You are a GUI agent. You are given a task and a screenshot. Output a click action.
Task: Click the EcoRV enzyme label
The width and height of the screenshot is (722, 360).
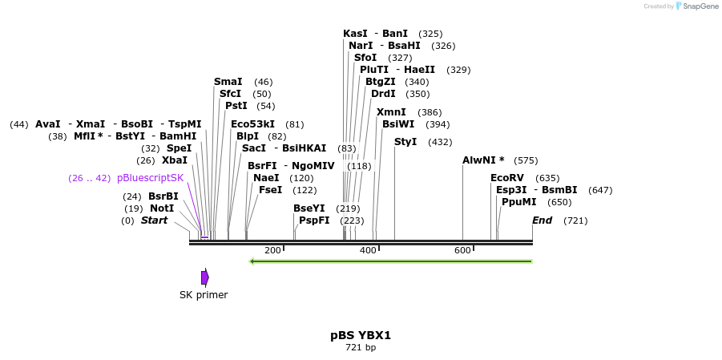click(x=507, y=178)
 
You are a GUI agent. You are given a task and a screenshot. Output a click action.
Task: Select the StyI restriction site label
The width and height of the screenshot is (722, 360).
click(x=405, y=142)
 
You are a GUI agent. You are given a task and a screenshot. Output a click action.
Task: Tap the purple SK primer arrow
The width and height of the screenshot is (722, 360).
click(x=205, y=277)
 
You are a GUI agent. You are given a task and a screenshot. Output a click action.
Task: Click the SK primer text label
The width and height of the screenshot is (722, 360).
click(x=204, y=295)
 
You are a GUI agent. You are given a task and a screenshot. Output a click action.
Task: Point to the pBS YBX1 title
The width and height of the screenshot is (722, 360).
click(x=361, y=335)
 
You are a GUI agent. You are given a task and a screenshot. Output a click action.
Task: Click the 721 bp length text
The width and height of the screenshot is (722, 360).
click(x=361, y=348)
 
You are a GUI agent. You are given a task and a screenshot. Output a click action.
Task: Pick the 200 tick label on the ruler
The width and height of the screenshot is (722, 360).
click(x=272, y=251)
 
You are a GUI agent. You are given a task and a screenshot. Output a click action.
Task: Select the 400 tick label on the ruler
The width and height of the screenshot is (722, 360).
click(x=368, y=251)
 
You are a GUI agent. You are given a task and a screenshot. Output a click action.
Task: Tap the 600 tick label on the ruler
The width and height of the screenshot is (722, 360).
click(x=462, y=251)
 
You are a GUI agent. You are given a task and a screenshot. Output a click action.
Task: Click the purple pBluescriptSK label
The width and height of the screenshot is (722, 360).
click(x=150, y=178)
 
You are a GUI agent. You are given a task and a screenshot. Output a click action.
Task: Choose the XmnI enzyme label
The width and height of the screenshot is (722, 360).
click(x=391, y=112)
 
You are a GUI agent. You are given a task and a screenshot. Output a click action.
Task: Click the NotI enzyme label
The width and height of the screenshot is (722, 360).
click(x=162, y=208)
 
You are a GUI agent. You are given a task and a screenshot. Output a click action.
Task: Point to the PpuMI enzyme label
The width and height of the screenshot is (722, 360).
click(x=519, y=202)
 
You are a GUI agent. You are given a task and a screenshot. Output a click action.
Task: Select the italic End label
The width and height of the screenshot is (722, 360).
click(x=543, y=220)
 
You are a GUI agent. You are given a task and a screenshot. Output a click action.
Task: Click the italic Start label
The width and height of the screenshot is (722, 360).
click(x=155, y=220)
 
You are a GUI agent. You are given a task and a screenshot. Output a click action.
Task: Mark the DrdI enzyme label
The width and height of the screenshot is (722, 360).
click(x=384, y=94)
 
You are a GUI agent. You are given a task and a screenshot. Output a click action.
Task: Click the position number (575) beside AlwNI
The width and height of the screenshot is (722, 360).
click(x=526, y=160)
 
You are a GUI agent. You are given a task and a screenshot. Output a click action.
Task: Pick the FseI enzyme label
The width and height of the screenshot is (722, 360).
click(x=270, y=190)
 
